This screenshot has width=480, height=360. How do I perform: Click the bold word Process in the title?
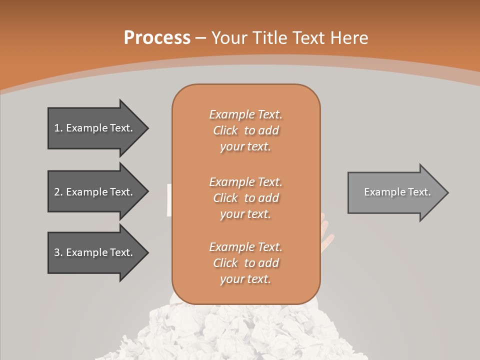(157, 38)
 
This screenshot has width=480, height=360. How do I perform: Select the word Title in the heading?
(269, 38)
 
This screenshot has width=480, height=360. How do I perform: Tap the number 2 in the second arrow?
(57, 192)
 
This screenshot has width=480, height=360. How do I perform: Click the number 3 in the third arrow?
(57, 252)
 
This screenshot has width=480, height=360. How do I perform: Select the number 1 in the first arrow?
(57, 128)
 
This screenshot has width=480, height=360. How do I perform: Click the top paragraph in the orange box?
(245, 130)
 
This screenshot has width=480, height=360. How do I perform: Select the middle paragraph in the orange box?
(245, 198)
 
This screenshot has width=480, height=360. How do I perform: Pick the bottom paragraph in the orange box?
(245, 263)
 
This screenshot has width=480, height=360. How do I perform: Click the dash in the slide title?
(200, 38)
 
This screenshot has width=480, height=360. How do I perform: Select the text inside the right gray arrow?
(397, 192)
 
